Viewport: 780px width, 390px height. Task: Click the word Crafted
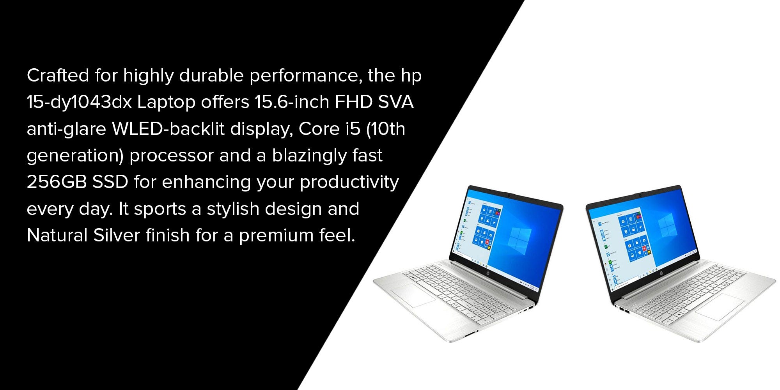point(58,75)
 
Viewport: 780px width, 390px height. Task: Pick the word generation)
point(75,156)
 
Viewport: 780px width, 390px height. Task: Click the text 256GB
point(57,182)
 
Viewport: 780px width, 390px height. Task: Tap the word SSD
point(110,182)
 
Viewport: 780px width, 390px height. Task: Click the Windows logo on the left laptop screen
point(520,239)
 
